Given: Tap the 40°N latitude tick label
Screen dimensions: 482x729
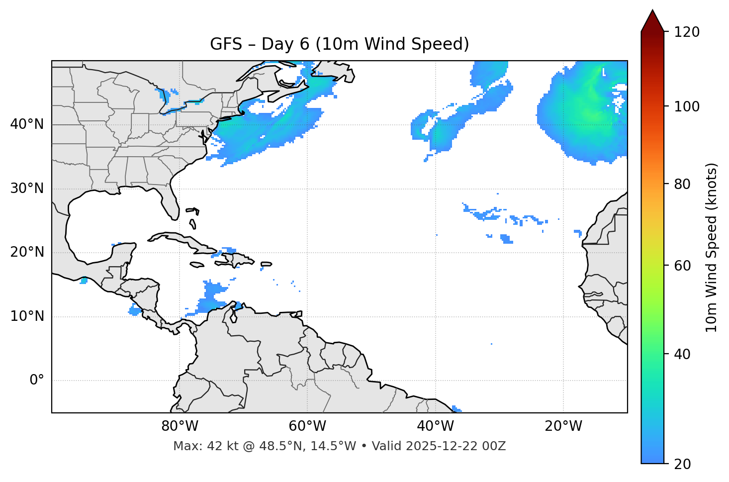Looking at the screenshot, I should [27, 124].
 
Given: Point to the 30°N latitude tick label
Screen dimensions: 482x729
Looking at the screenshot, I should [27, 189].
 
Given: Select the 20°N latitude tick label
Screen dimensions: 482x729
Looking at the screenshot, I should [27, 252].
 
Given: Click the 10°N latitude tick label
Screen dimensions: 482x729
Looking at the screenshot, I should [27, 316].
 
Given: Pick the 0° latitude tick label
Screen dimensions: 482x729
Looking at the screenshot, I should [36, 381].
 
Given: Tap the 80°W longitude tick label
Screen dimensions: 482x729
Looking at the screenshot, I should [180, 426].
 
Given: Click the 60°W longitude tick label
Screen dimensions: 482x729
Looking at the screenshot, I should [307, 426].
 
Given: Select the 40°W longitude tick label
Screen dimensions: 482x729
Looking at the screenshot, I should [435, 426].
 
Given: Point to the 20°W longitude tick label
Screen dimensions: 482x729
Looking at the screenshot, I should [563, 426].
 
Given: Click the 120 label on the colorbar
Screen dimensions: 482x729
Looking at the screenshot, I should [687, 32].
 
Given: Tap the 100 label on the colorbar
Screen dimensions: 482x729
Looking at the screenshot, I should [687, 106].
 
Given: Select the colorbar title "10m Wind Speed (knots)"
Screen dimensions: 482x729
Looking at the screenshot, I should [712, 247].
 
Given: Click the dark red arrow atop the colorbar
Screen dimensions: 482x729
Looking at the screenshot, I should [652, 21].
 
